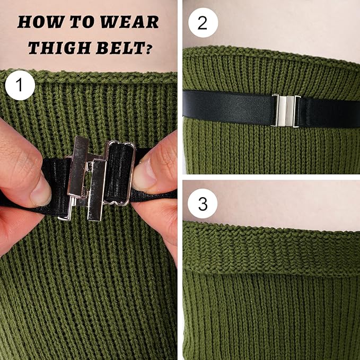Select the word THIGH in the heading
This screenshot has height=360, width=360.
[x=59, y=48]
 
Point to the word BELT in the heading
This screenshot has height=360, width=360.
[x=120, y=48]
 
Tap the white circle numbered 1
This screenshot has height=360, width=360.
[x=20, y=85]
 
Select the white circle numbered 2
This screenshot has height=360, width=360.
[x=203, y=22]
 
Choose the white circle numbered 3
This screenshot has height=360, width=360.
[x=203, y=204]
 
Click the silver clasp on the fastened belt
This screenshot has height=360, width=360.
[x=285, y=111]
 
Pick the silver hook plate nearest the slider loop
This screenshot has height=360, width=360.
[x=96, y=190]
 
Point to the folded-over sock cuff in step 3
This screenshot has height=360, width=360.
[x=271, y=249]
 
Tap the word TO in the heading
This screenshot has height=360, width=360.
[x=82, y=22]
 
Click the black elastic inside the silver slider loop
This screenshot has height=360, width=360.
[x=119, y=173]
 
